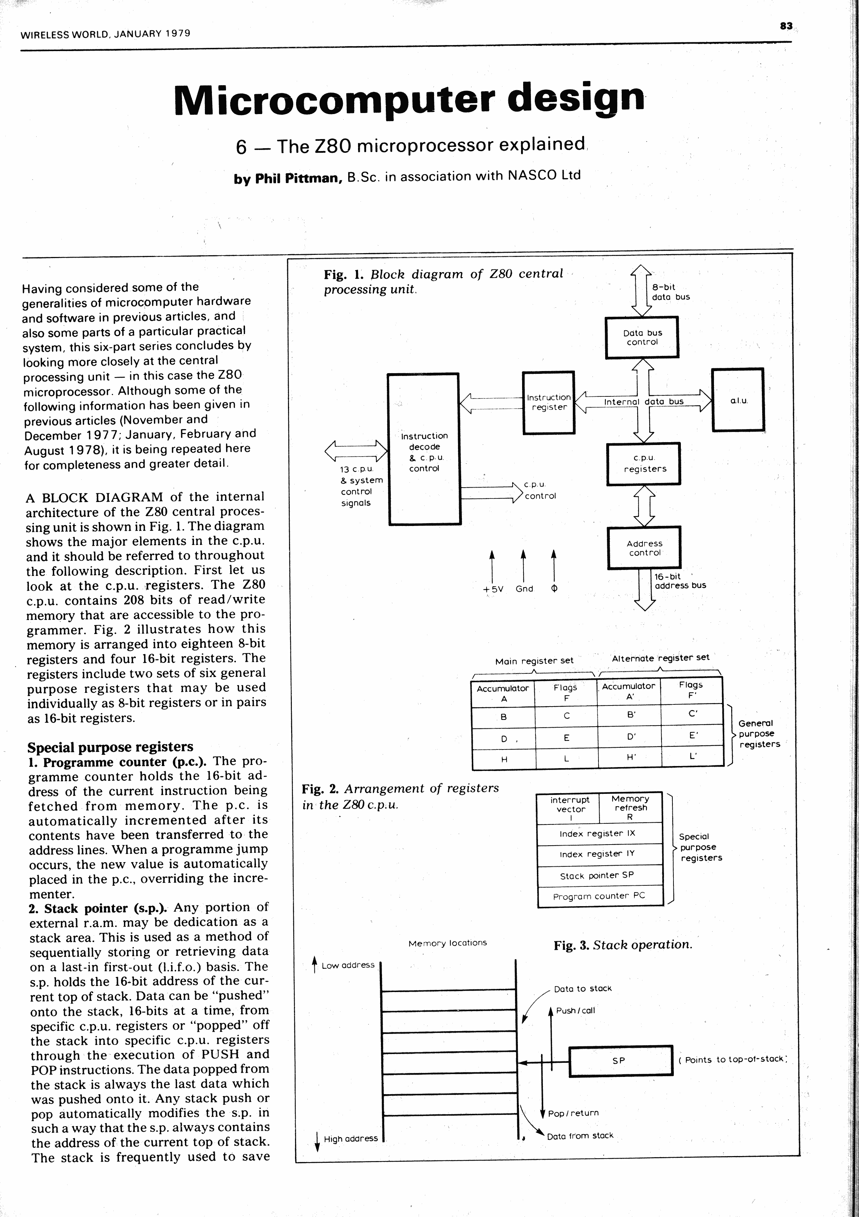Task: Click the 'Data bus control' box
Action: click(642, 338)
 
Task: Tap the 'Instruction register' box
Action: click(548, 403)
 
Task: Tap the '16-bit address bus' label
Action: click(680, 581)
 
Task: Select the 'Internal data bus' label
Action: click(643, 402)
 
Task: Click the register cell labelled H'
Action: click(630, 758)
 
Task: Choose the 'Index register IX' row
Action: click(597, 834)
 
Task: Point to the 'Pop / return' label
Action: click(573, 1113)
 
